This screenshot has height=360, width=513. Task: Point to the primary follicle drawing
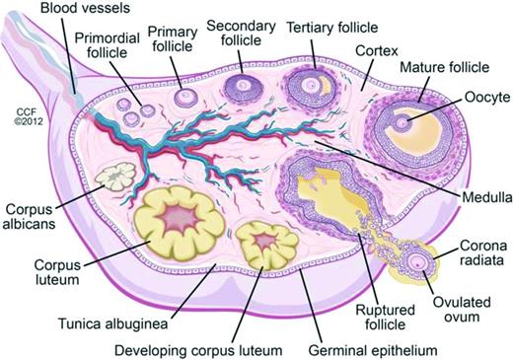click(183, 98)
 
